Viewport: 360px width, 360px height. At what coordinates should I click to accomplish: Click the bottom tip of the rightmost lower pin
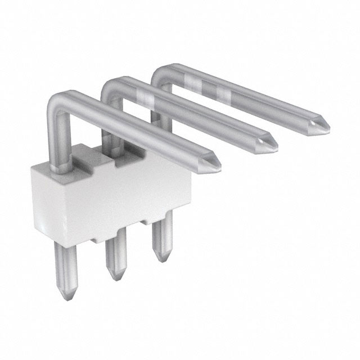pos(163,258)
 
